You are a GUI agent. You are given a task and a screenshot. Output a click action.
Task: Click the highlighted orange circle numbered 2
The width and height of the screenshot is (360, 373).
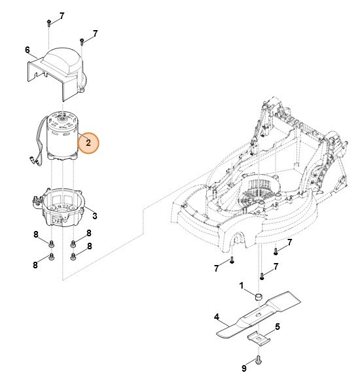point(88,143)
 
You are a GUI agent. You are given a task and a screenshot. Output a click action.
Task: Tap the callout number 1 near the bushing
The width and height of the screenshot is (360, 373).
point(241,285)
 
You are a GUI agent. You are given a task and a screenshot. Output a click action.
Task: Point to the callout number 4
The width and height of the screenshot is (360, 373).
point(216,317)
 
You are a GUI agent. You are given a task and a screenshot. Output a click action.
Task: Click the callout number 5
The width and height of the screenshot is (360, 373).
point(278,326)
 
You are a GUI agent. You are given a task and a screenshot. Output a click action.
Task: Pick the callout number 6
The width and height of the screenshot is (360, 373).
point(27,50)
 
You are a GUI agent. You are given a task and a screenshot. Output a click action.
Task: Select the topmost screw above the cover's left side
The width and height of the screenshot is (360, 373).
point(50,24)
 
